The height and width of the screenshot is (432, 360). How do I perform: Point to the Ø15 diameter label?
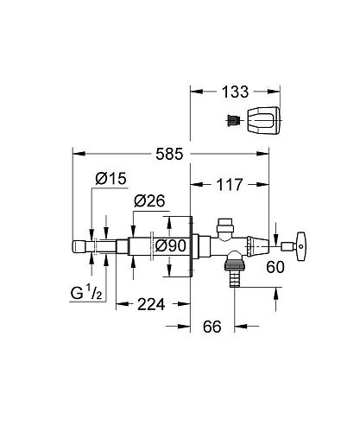[111, 178]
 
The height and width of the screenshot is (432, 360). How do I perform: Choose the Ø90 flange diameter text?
[169, 245]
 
